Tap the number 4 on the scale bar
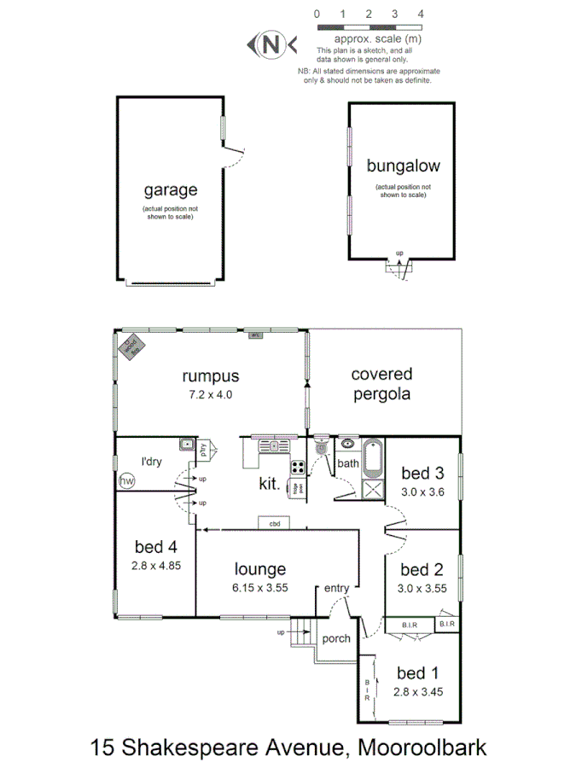[420, 14]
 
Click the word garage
[170, 189]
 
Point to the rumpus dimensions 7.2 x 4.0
[209, 394]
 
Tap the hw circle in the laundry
[126, 482]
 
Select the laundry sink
[186, 444]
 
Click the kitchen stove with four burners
[300, 467]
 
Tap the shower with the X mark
[373, 489]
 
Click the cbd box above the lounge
[275, 522]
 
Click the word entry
[335, 588]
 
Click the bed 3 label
[422, 474]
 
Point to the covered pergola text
[381, 384]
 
